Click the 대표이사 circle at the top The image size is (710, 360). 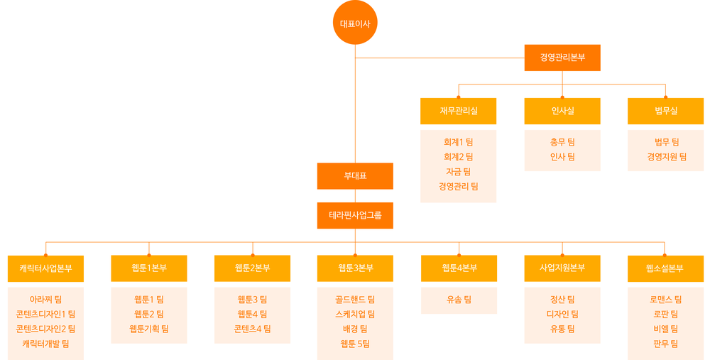click(x=355, y=23)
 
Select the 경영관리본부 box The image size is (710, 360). click(x=562, y=58)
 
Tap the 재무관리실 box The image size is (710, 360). click(x=458, y=111)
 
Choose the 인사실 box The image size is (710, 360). click(x=562, y=111)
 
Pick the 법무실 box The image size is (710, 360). click(x=666, y=111)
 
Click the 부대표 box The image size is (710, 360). click(x=355, y=176)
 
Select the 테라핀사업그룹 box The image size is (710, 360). click(x=355, y=216)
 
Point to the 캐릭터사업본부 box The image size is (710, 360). click(x=45, y=268)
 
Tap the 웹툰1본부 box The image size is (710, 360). click(x=149, y=268)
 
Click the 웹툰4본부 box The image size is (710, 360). click(x=459, y=268)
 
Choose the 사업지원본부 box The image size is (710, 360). click(x=562, y=268)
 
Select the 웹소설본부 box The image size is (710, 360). click(x=666, y=268)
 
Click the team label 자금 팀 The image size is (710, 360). click(x=458, y=172)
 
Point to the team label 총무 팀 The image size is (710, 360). click(x=562, y=142)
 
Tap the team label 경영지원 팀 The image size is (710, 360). click(x=667, y=157)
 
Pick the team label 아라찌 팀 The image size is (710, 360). click(x=45, y=300)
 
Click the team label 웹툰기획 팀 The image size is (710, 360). click(x=149, y=329)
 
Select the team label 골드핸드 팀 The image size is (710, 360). click(x=355, y=300)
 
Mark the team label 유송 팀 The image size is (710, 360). click(x=459, y=300)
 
